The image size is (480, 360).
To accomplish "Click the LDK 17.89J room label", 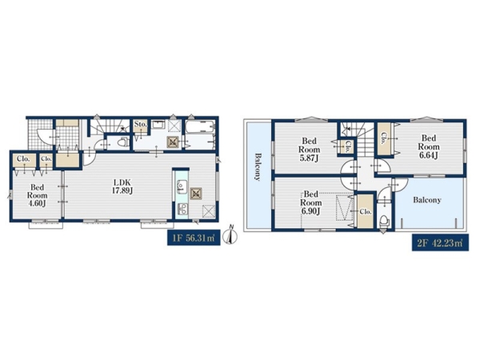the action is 122,186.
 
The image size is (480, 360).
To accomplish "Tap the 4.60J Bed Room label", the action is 38,195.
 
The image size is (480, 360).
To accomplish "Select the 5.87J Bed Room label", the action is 309,150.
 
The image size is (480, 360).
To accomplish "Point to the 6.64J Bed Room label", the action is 429,146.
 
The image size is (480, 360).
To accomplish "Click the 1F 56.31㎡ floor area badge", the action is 194,238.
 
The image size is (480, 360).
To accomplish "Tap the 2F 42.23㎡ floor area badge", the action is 440,243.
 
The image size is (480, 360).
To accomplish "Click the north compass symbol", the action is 230,235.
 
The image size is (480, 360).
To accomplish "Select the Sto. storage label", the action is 141,125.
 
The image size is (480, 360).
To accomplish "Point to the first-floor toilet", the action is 123,142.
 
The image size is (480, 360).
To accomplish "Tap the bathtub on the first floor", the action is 200,126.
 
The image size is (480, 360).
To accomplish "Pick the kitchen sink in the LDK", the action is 182,186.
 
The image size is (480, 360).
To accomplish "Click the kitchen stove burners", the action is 182,209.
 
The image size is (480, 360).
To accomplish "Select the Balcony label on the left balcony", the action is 258,167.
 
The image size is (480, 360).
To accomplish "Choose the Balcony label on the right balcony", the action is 427,200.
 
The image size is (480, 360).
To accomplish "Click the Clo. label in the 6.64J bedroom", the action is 383,138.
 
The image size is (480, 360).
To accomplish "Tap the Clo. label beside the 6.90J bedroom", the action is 366,211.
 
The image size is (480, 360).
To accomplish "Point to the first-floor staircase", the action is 109,126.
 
